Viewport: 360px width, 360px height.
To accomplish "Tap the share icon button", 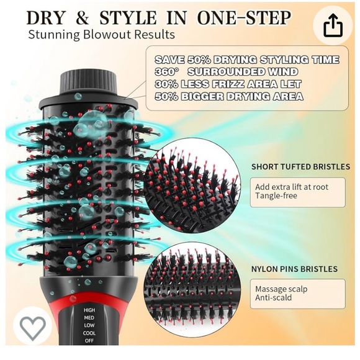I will tap(333, 25).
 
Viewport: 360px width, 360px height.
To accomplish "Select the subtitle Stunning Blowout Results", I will tap(101, 35).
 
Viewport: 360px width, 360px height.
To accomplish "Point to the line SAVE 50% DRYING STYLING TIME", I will tap(246, 60).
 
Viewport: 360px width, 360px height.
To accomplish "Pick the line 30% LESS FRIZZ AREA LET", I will tap(228, 84).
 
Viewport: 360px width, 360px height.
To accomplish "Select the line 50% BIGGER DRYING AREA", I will tap(228, 96).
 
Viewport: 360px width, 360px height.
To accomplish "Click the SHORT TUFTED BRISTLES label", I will tap(295, 166).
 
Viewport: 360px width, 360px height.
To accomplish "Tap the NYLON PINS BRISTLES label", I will tap(294, 269).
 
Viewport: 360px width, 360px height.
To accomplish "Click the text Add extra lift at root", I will tap(292, 187).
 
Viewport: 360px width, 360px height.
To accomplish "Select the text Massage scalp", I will tap(281, 289).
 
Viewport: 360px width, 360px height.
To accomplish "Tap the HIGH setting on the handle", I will tap(89, 310).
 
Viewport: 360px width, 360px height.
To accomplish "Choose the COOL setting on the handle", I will tap(89, 333).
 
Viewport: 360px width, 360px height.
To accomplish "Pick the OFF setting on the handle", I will tap(89, 341).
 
